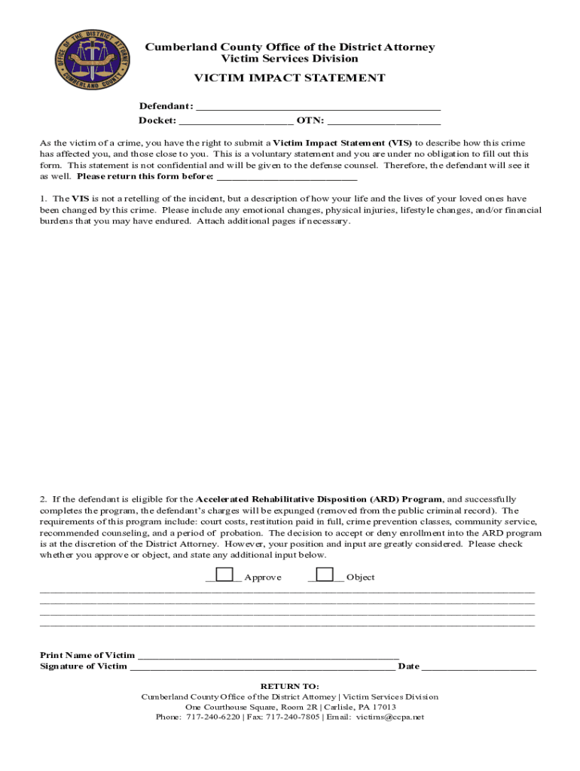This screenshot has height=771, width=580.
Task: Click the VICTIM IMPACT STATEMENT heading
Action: pos(289,78)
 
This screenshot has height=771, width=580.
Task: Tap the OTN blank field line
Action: pos(384,120)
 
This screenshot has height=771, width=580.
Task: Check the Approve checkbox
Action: pos(224,575)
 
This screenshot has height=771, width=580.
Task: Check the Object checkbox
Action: pos(325,575)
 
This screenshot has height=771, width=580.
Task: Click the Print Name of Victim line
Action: pos(268,655)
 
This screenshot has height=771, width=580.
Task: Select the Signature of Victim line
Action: pos(262,666)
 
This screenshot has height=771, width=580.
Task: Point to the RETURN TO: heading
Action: pos(289,687)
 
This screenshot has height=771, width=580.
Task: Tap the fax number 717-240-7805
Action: pos(293,718)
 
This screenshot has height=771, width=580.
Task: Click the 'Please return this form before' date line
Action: pos(286,177)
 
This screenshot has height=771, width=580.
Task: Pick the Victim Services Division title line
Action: pos(289,59)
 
